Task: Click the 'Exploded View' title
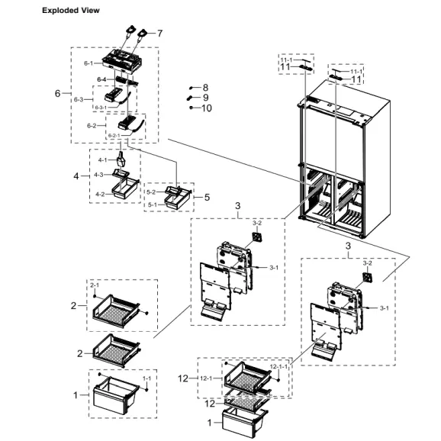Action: [70, 11]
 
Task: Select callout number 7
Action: [160, 33]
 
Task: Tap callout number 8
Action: [205, 88]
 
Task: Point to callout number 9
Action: [205, 98]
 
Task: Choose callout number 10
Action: [207, 108]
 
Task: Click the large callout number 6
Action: [58, 93]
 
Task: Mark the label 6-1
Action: [89, 63]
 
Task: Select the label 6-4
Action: [101, 79]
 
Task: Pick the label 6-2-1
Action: [114, 135]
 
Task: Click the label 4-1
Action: [102, 160]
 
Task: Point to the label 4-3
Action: [98, 175]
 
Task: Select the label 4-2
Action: [100, 194]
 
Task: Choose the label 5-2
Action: [151, 192]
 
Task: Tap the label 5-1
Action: [151, 204]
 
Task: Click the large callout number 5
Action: [206, 197]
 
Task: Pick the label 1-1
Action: [147, 378]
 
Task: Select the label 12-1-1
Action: [280, 367]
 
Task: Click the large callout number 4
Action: [76, 176]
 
